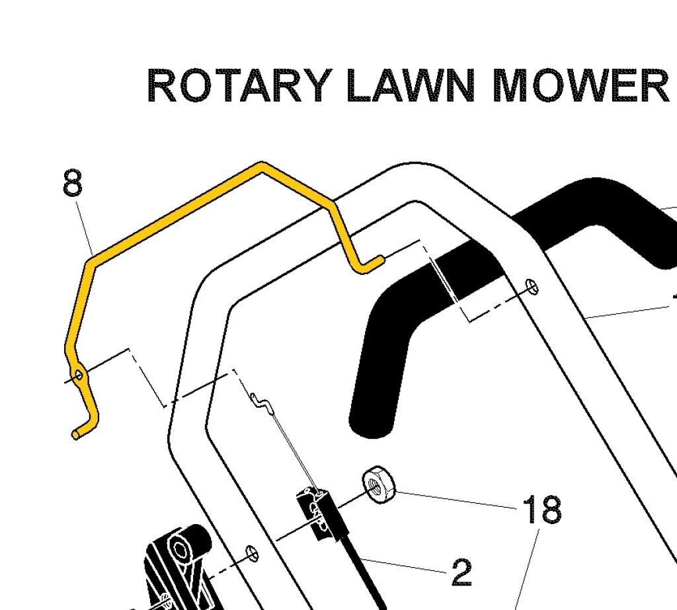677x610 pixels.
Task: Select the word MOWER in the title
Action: tap(582, 86)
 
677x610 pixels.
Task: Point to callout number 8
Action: tap(73, 183)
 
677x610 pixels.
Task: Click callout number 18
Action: tap(541, 510)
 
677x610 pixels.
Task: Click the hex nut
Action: tap(378, 486)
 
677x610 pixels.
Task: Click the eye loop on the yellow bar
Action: tap(79, 375)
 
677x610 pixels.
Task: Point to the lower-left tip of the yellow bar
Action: tap(76, 434)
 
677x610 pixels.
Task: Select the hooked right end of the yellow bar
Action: tap(370, 264)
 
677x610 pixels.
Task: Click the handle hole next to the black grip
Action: tap(533, 286)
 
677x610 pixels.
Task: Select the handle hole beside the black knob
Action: tap(251, 552)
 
